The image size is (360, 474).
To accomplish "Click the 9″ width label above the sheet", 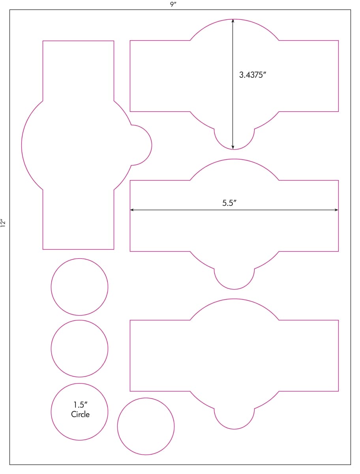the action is point(173,4).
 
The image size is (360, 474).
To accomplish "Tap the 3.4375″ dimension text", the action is point(253,75).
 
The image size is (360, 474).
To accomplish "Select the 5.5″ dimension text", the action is point(229,203).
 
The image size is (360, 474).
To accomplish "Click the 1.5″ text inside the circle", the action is point(80,405).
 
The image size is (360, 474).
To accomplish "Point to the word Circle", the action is point(80,414).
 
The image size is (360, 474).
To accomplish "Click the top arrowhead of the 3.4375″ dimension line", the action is point(232,21).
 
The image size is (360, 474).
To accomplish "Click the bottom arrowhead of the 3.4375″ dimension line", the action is point(232,147).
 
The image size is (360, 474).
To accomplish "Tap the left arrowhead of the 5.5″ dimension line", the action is point(132,210).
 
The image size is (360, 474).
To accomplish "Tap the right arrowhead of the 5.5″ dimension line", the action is point(336,210).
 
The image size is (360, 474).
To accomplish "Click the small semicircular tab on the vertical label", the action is point(152,145).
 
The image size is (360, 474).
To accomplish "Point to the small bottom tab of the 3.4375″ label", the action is point(234,149).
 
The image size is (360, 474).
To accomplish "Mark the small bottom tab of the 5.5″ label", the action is point(234,289).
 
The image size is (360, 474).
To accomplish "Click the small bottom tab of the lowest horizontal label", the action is point(234,429).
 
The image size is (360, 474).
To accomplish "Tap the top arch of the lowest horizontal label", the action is point(234,299).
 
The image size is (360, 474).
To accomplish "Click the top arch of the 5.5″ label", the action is point(234,159).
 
